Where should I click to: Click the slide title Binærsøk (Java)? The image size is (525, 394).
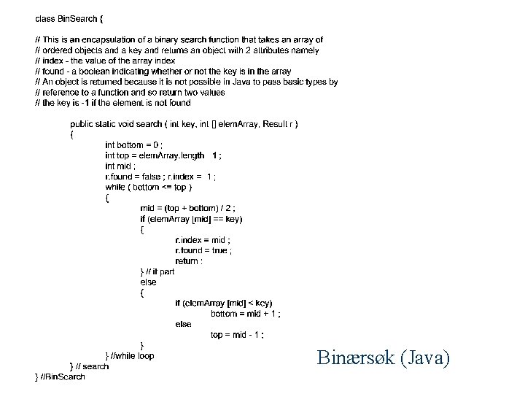(384, 358)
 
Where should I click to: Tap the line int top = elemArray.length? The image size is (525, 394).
(163, 155)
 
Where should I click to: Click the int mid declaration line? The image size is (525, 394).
(120, 166)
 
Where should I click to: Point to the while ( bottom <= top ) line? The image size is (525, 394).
(149, 187)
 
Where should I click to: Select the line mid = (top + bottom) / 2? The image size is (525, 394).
(187, 208)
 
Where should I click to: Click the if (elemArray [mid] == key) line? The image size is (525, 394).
(191, 219)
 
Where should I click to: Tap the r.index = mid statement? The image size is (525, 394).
(203, 240)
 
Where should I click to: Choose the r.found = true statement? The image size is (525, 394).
(204, 250)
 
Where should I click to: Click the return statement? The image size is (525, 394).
(189, 260)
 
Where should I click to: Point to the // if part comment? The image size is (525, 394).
(157, 271)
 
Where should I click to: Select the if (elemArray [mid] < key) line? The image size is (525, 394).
(224, 303)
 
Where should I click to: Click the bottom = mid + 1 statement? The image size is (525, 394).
(246, 314)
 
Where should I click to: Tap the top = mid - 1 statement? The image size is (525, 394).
(238, 335)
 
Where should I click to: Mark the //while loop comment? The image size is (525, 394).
(131, 355)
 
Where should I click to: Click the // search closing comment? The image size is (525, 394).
(90, 366)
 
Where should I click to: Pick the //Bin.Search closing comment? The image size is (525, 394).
(60, 376)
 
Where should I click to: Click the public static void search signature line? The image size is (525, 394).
(184, 124)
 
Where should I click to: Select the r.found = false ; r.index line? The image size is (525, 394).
(160, 177)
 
